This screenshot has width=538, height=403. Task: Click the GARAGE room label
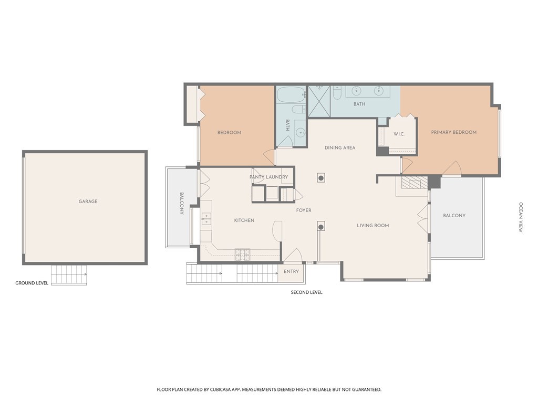(88, 201)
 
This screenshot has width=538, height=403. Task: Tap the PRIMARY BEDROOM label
(453, 132)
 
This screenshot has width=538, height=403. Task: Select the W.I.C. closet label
(399, 134)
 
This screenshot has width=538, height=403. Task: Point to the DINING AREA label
(340, 147)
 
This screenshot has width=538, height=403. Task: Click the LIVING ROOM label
(373, 226)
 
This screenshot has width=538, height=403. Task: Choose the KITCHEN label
(244, 220)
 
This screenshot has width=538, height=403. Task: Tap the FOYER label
(304, 210)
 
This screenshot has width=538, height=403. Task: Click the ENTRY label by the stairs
(291, 271)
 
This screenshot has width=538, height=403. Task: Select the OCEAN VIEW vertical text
(521, 217)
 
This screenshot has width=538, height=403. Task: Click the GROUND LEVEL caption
(32, 283)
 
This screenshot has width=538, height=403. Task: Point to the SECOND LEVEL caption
(306, 292)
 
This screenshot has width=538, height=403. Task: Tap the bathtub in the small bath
(291, 94)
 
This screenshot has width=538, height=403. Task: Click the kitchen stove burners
(242, 253)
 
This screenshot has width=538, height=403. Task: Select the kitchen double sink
(206, 219)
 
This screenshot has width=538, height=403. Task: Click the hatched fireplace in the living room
(411, 183)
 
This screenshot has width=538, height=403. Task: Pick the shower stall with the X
(319, 101)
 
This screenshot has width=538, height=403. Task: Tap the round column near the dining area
(321, 178)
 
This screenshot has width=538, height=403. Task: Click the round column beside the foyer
(321, 227)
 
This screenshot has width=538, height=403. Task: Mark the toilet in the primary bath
(337, 93)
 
